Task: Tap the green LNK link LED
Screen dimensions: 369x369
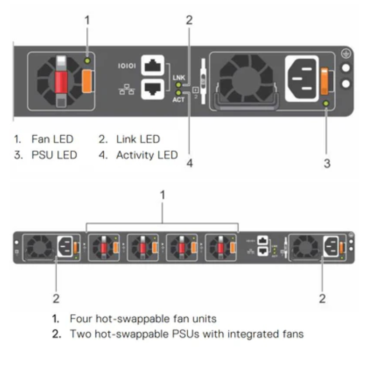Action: click(178, 85)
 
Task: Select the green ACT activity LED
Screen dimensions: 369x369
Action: click(178, 93)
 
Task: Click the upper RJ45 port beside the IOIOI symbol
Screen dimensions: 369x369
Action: click(153, 66)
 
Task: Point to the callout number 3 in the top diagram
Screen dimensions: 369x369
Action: click(327, 163)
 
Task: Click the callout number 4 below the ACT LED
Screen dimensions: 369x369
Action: click(189, 163)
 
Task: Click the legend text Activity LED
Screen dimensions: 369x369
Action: click(147, 155)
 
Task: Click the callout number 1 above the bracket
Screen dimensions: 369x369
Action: click(162, 196)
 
